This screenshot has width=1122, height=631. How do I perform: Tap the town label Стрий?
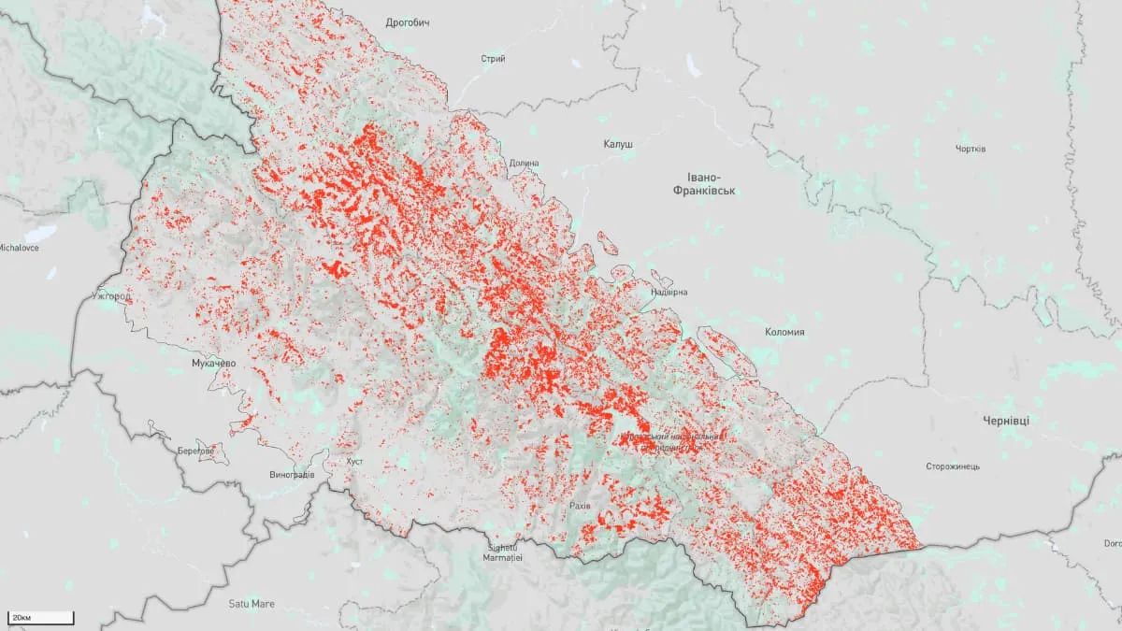[x=493, y=59]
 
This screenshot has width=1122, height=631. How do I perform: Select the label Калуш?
[x=618, y=145]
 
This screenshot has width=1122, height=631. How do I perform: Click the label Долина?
[x=525, y=164]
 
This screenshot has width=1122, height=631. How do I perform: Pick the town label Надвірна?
[x=669, y=293]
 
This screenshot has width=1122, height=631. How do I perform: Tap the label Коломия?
[x=784, y=332]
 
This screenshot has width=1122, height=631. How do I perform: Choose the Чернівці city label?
[x=1006, y=421]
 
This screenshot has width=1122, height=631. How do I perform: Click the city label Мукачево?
[x=212, y=363]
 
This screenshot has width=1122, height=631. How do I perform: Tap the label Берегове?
[x=195, y=451]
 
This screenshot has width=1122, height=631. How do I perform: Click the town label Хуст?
[x=353, y=462]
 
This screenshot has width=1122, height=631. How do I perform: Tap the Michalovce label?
[x=18, y=249]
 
